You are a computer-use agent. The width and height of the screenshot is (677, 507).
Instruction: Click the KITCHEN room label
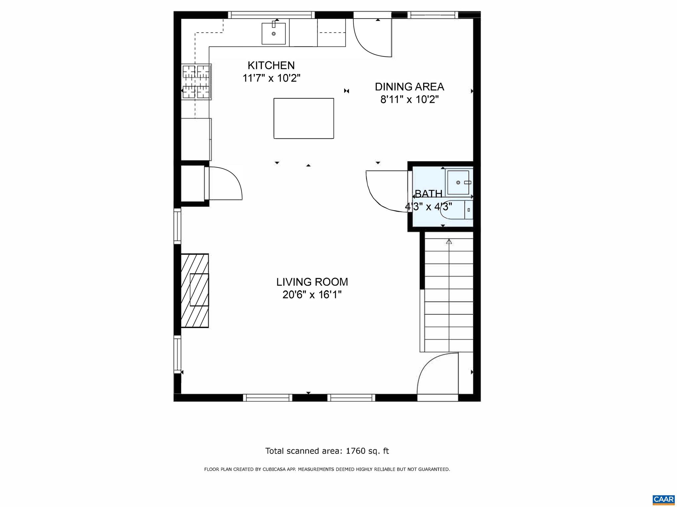(271, 65)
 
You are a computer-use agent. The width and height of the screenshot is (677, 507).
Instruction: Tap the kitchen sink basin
(273, 34)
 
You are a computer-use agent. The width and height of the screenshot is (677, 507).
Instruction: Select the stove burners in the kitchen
(196, 82)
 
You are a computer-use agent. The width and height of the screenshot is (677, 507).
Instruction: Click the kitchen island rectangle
(303, 118)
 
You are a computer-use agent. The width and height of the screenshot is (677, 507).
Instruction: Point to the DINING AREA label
(409, 87)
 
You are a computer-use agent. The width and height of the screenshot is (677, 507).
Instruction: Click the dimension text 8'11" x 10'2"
(409, 99)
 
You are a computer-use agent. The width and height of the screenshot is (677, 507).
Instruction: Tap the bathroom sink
(458, 182)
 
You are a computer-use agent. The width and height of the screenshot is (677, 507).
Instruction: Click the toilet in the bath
(458, 209)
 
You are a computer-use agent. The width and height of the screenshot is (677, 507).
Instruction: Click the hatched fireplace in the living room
(195, 290)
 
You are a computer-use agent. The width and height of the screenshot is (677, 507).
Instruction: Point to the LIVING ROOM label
(312, 282)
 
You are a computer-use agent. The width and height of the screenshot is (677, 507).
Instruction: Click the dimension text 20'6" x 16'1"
(312, 295)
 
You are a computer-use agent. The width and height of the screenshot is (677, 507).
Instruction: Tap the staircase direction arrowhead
(449, 242)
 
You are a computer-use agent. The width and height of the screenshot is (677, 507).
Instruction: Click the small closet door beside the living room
(224, 183)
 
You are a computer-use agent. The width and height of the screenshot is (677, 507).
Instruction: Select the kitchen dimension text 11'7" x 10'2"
(271, 79)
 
